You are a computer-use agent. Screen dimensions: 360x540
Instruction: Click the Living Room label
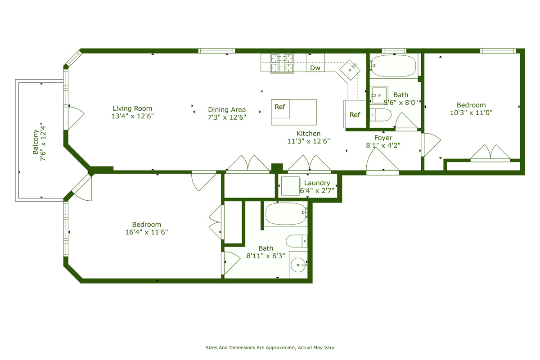point(132,108)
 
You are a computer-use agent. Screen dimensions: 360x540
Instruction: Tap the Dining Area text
point(227,110)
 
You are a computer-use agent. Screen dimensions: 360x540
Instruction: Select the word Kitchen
point(308,134)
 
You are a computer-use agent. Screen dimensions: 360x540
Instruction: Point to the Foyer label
point(383,138)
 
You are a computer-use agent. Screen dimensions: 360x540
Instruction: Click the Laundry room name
point(317,183)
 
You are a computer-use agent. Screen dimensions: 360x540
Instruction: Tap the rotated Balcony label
point(36,139)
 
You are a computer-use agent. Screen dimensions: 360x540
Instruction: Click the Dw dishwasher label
point(315,68)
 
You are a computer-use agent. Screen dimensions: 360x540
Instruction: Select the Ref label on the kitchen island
point(280,107)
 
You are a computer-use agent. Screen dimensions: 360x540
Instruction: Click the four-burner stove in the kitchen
point(281,63)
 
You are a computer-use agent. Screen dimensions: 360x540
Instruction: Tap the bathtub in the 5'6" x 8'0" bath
point(394,66)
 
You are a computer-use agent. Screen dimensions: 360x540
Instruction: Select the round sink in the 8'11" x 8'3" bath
point(298,265)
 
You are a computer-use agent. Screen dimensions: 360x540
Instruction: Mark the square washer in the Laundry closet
point(290,186)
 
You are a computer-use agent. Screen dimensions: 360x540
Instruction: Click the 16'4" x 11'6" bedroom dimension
point(146,232)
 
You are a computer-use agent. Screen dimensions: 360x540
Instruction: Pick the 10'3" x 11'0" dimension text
point(471,113)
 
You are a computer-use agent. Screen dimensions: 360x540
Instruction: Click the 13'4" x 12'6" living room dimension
point(132,116)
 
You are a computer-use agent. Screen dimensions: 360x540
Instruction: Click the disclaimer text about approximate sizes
point(270,347)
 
